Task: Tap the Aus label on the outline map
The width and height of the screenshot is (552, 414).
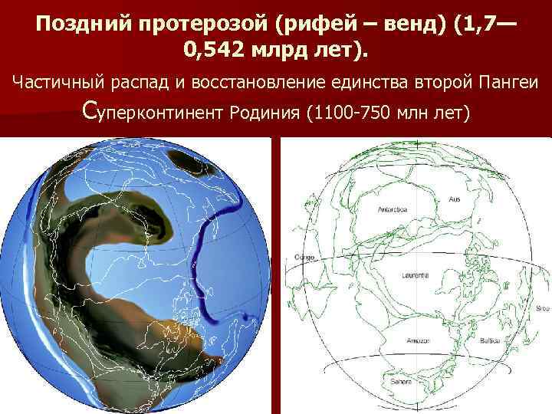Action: pos(454,199)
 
